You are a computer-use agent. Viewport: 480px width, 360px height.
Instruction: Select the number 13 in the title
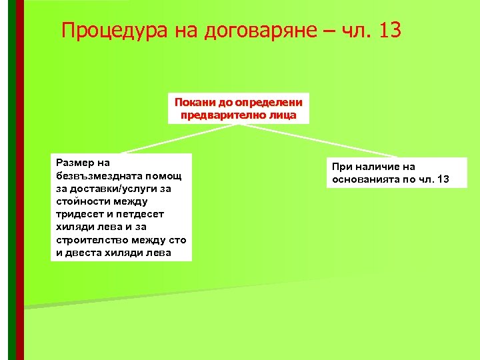click(389, 31)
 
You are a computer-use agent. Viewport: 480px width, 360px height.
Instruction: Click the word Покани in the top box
click(193, 103)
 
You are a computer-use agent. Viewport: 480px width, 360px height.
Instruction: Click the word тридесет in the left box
click(79, 214)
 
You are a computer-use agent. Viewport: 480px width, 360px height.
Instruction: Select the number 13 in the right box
click(443, 180)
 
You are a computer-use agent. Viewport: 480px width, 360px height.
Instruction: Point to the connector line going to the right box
click(347, 143)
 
